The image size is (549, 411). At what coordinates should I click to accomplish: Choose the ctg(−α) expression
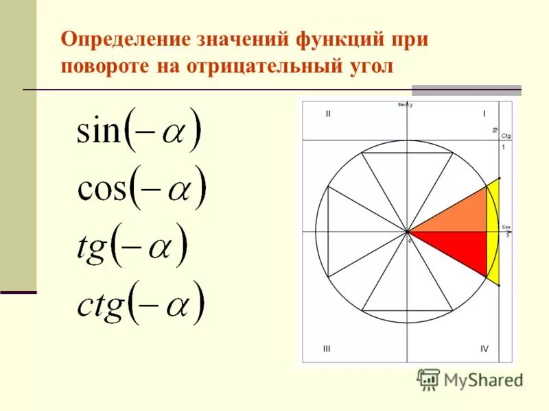(141, 301)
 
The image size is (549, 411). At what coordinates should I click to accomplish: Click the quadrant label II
(329, 114)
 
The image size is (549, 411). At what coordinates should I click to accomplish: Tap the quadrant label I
(484, 114)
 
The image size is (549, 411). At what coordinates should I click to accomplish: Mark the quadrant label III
(327, 349)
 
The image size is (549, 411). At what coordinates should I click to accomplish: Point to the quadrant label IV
(484, 349)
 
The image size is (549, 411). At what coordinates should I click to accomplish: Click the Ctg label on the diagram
(506, 136)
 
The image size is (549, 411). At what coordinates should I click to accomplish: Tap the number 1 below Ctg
(503, 147)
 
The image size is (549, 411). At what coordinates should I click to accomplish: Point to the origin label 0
(410, 241)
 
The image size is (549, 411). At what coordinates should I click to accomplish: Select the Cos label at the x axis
(506, 227)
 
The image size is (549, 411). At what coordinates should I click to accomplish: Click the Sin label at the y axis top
(401, 104)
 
